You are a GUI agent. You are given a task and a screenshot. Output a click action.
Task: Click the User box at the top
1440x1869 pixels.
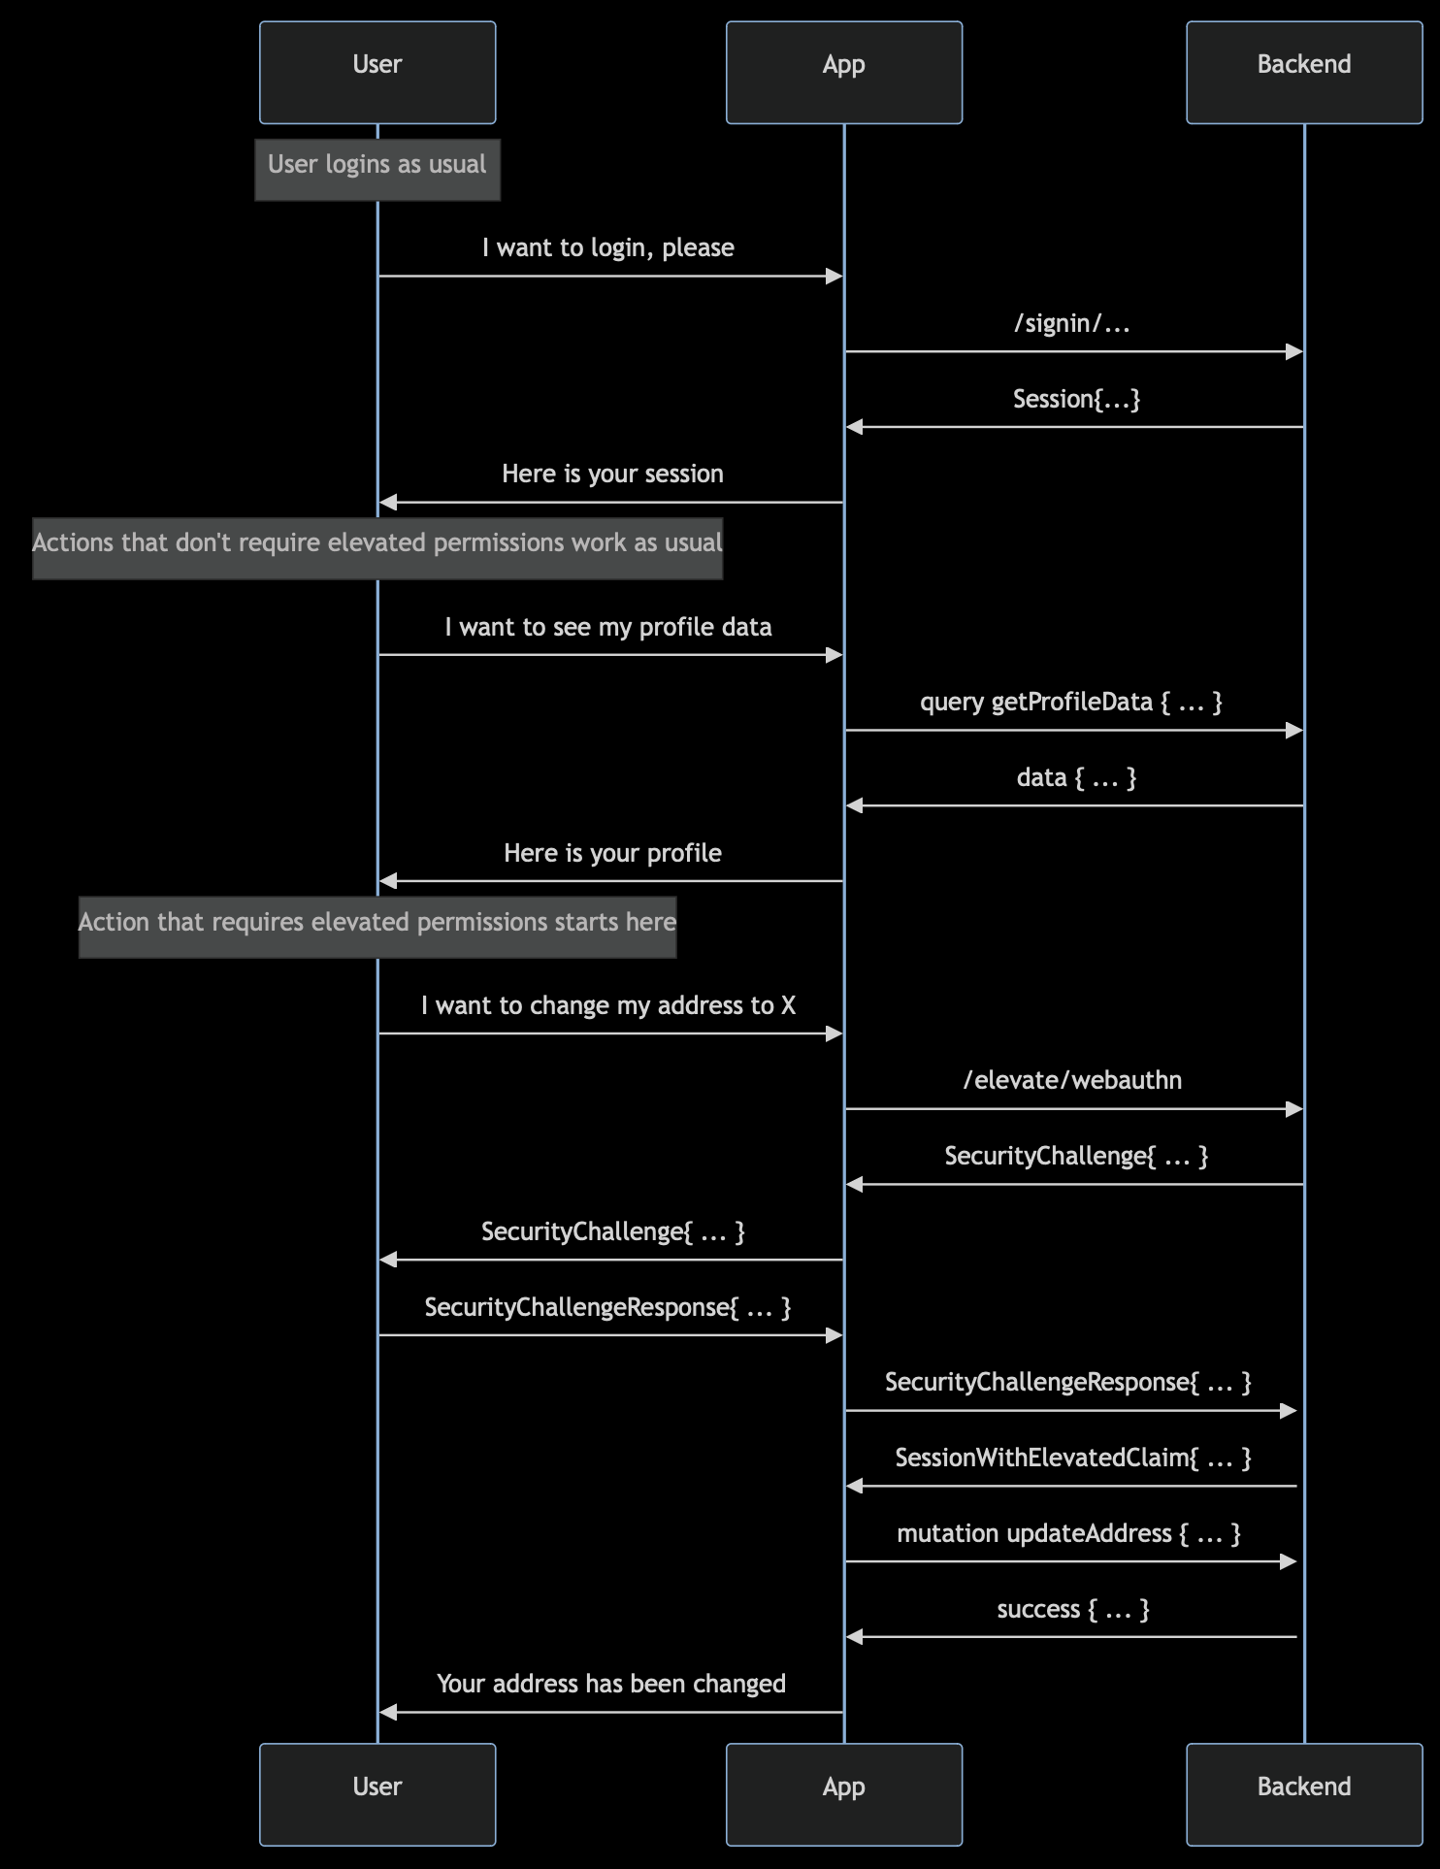click(377, 73)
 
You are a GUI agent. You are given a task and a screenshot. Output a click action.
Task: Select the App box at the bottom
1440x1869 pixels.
click(843, 1794)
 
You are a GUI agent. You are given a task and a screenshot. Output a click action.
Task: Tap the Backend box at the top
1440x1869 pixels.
click(1303, 73)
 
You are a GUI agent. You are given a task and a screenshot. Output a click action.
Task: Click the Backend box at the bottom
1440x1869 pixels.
click(1303, 1794)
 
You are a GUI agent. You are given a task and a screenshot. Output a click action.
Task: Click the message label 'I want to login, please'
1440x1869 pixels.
click(608, 248)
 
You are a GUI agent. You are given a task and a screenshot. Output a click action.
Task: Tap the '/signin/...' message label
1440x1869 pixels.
click(1072, 324)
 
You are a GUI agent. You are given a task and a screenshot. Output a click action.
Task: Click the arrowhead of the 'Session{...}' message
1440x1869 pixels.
click(854, 427)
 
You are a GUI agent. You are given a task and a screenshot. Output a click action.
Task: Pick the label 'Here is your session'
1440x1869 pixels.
click(612, 475)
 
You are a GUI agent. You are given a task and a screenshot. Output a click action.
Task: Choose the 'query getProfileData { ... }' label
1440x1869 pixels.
click(1071, 703)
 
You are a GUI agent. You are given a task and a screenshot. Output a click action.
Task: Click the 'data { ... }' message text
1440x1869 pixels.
click(1076, 778)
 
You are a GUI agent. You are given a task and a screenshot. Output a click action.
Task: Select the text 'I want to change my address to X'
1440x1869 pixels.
click(608, 1006)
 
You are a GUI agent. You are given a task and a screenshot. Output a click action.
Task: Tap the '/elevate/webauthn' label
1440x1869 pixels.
click(1072, 1081)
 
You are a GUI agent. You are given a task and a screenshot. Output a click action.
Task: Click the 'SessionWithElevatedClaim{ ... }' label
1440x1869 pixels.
click(1073, 1459)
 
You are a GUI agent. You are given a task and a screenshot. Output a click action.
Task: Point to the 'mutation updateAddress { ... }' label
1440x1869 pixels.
click(1068, 1534)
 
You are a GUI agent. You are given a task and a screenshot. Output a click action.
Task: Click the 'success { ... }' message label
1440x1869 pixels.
click(1073, 1610)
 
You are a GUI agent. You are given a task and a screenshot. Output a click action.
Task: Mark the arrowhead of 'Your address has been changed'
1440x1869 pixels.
click(388, 1713)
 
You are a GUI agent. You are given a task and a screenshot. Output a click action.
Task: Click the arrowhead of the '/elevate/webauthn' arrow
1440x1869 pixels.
click(1293, 1109)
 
